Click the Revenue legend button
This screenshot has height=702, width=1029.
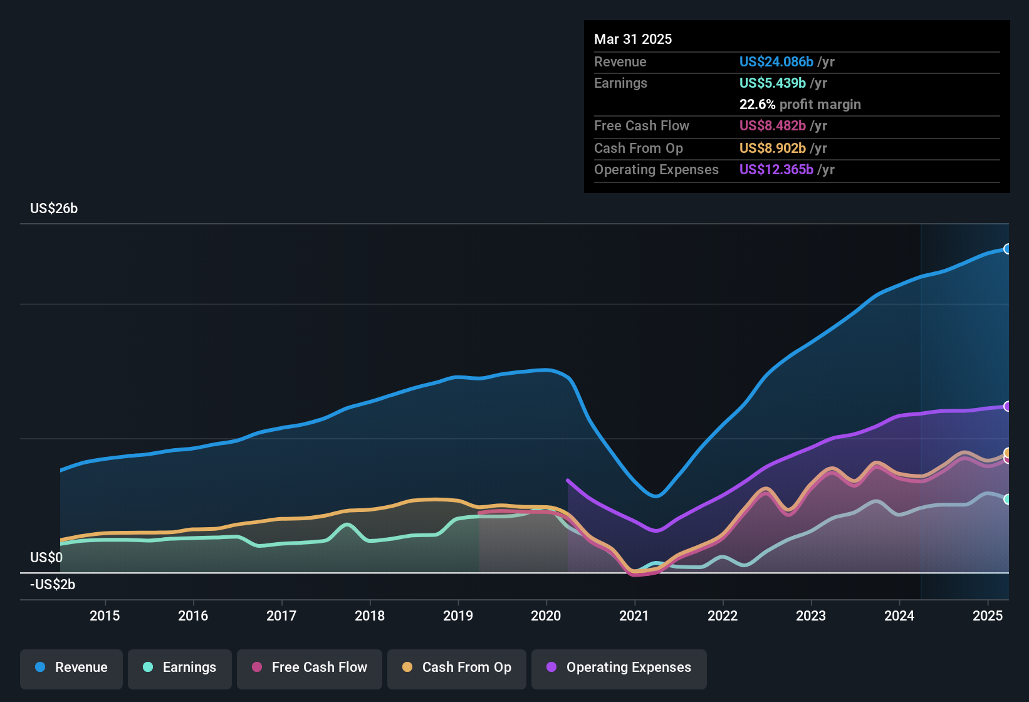pyautogui.click(x=71, y=668)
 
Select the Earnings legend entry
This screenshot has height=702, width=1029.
pyautogui.click(x=180, y=668)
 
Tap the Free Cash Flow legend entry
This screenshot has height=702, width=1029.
pyautogui.click(x=310, y=668)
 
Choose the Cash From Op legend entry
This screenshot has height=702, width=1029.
pyautogui.click(x=457, y=668)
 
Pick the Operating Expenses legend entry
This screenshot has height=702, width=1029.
pyautogui.click(x=619, y=668)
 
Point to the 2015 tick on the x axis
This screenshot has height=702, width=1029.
pyautogui.click(x=105, y=616)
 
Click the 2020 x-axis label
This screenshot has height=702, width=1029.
pyautogui.click(x=546, y=616)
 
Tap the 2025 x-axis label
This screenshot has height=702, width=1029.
pyautogui.click(x=988, y=616)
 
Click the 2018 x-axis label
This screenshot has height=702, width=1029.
pyautogui.click(x=370, y=616)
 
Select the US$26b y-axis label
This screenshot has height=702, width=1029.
pyautogui.click(x=54, y=209)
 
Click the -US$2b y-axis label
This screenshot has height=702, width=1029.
pyautogui.click(x=53, y=585)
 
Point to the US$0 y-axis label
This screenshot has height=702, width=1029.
pyautogui.click(x=46, y=557)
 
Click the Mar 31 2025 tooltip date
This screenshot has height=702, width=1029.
pyautogui.click(x=633, y=39)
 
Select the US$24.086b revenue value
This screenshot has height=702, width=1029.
pyautogui.click(x=776, y=62)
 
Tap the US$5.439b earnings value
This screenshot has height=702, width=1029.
pyautogui.click(x=772, y=83)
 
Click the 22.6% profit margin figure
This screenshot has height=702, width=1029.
pyautogui.click(x=757, y=105)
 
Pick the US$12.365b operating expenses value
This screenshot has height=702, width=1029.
pyautogui.click(x=776, y=170)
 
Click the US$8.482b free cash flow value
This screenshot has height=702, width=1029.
pyautogui.click(x=772, y=126)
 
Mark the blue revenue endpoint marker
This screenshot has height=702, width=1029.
pyautogui.click(x=1007, y=249)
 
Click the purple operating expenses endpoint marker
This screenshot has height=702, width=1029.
pyautogui.click(x=1007, y=406)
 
